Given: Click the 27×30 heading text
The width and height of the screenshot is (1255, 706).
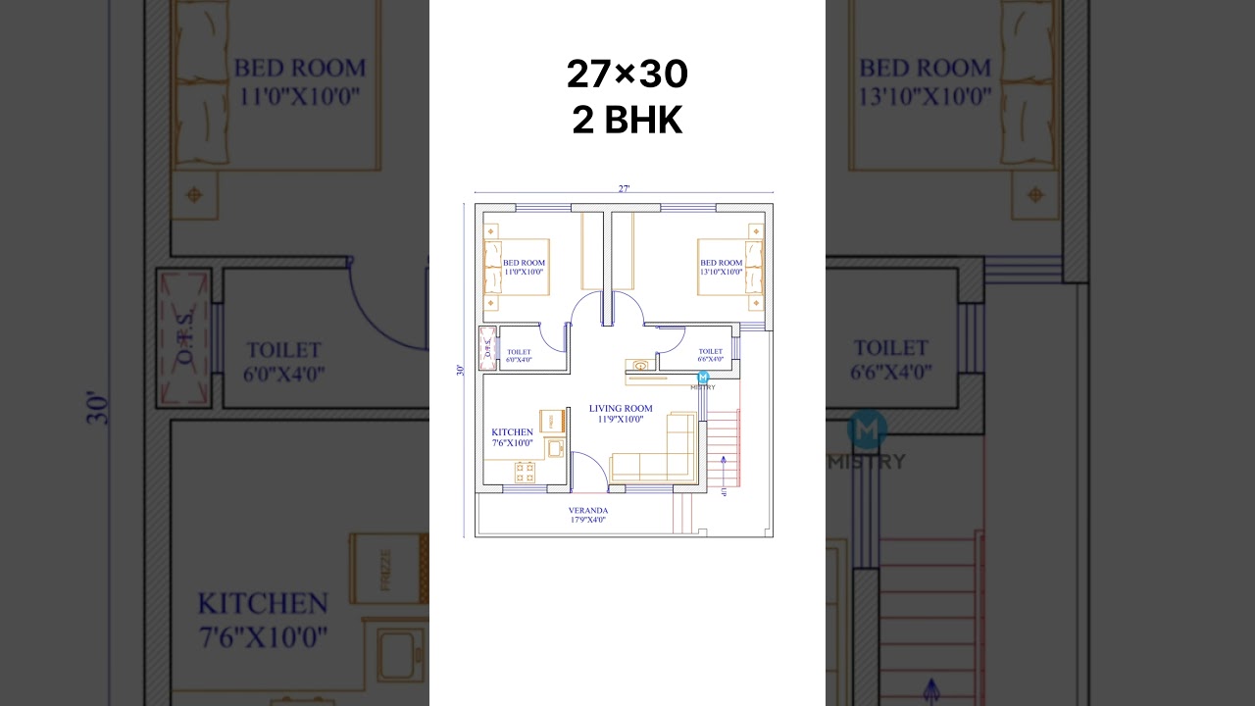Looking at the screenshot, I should pyautogui.click(x=627, y=75).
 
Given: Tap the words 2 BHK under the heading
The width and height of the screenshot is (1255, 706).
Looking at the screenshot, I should pyautogui.click(x=627, y=120).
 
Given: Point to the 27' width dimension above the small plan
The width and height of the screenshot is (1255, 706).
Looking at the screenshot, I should pyautogui.click(x=624, y=188).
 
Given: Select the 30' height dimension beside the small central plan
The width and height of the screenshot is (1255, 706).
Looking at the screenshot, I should pyautogui.click(x=460, y=371).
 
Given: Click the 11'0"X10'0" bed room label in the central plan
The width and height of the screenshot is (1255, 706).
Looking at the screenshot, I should pyautogui.click(x=524, y=268).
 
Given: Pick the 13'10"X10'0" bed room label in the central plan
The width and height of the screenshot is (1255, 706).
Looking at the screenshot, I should pyautogui.click(x=721, y=268).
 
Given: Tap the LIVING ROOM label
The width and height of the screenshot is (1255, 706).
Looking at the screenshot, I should pyautogui.click(x=621, y=413).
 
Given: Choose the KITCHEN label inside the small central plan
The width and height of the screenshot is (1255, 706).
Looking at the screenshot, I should pyautogui.click(x=512, y=437).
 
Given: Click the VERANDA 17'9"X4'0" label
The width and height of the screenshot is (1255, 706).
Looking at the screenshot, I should pyautogui.click(x=587, y=515).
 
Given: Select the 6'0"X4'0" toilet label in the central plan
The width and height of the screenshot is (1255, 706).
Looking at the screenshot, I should pyautogui.click(x=519, y=356).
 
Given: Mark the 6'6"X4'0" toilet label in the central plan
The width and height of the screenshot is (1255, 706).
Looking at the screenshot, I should pyautogui.click(x=710, y=355).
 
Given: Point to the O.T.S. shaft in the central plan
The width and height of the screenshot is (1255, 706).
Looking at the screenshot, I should pyautogui.click(x=487, y=348).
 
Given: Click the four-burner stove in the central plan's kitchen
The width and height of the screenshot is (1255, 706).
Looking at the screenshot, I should pyautogui.click(x=526, y=472).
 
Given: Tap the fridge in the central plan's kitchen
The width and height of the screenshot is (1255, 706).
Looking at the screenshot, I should pyautogui.click(x=551, y=420).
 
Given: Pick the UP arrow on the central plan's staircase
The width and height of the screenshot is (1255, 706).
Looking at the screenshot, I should pyautogui.click(x=724, y=471).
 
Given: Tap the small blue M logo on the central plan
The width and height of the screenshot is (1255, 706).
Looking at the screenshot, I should pyautogui.click(x=703, y=378).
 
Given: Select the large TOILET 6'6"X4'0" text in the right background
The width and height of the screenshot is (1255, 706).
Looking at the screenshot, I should pyautogui.click(x=890, y=360).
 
